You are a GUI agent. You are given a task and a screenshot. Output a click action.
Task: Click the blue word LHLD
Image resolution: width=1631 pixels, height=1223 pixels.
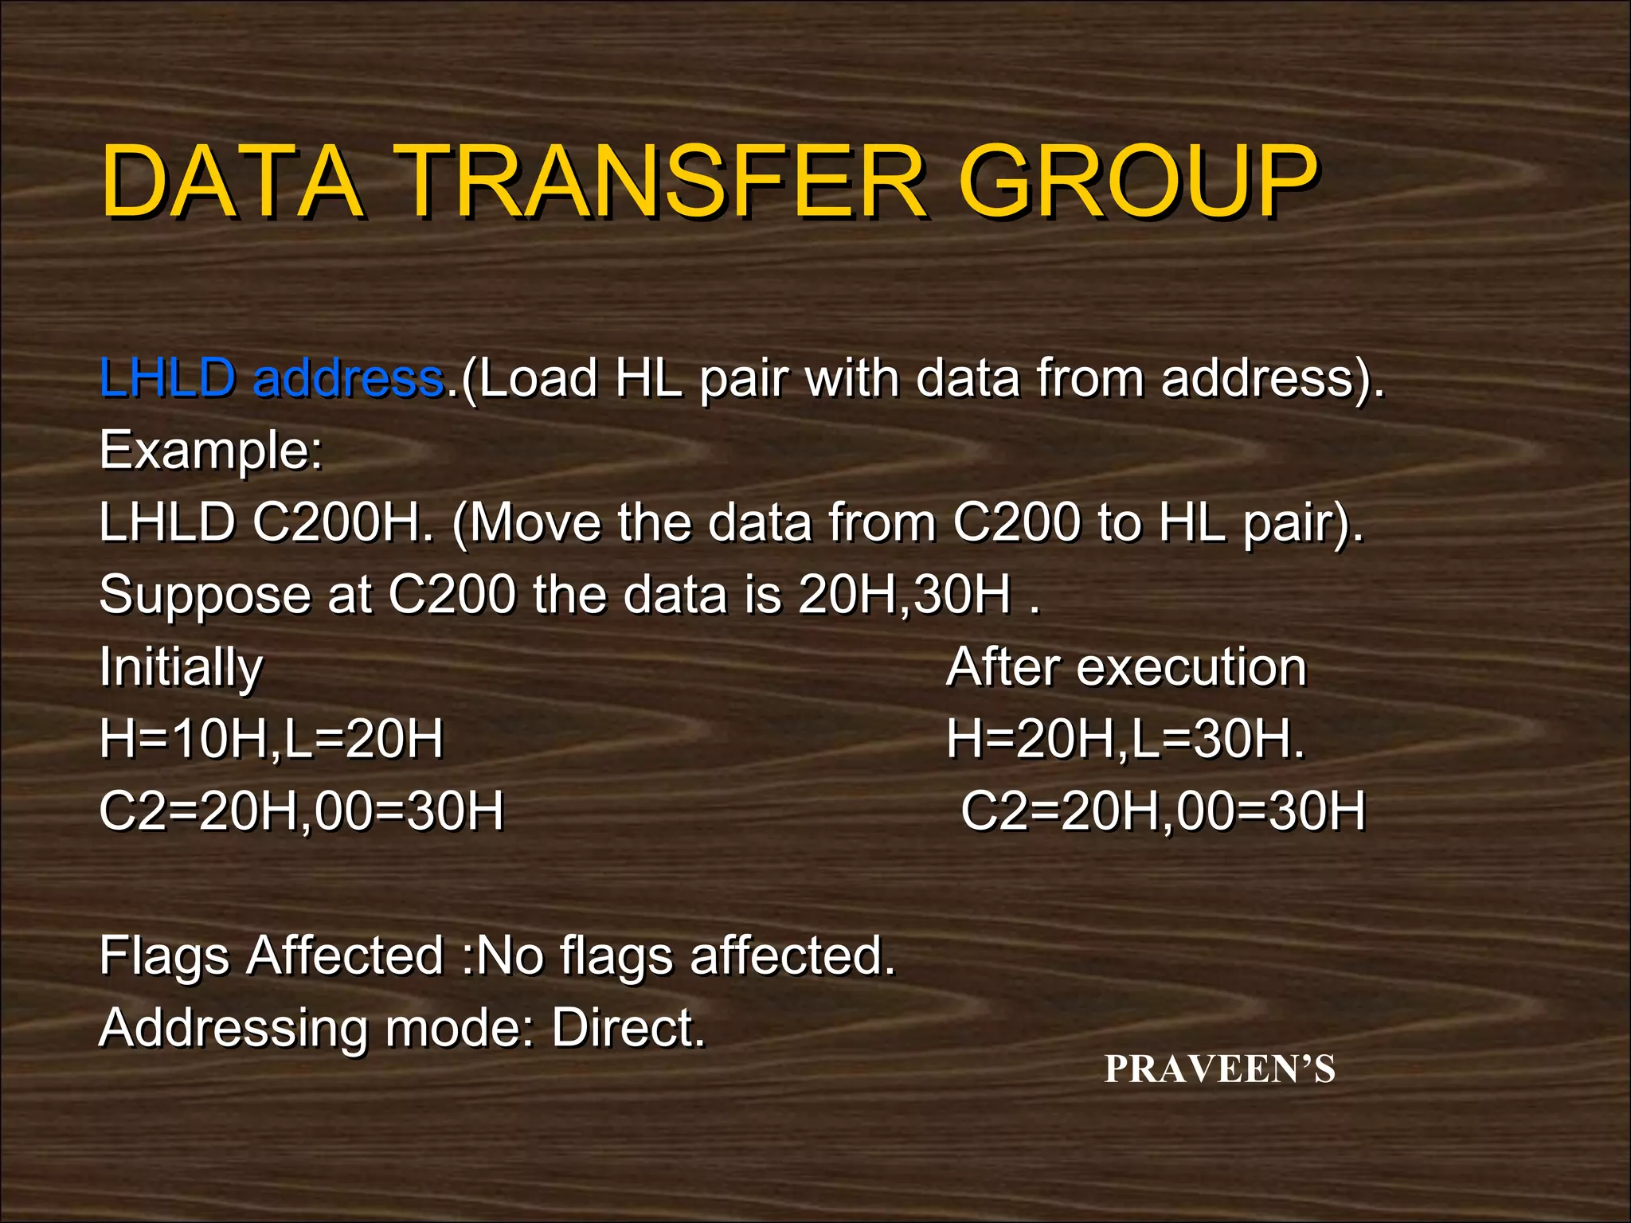click(x=167, y=377)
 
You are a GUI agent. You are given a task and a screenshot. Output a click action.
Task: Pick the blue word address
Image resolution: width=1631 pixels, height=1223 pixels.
click(x=348, y=377)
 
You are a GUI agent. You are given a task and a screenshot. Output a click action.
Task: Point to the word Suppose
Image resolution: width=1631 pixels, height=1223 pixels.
click(x=205, y=596)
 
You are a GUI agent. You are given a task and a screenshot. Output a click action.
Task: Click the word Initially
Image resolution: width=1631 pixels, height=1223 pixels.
click(x=181, y=667)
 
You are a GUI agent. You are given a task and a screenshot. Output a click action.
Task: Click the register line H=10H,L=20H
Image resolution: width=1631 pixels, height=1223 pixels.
click(x=271, y=739)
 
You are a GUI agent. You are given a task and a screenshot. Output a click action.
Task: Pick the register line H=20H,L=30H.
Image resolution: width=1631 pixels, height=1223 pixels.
click(x=1125, y=739)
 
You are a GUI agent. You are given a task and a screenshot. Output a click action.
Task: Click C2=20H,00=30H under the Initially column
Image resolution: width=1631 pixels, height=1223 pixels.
click(x=301, y=811)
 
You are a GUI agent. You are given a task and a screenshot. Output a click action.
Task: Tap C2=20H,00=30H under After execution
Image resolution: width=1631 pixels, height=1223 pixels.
click(x=1163, y=811)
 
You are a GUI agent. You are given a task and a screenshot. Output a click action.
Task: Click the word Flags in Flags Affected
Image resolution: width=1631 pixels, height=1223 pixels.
click(x=164, y=956)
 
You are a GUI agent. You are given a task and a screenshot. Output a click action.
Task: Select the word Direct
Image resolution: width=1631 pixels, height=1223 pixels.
click(x=628, y=1028)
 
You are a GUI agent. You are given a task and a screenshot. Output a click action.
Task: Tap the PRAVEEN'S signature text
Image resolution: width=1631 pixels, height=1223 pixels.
click(x=1219, y=1069)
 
